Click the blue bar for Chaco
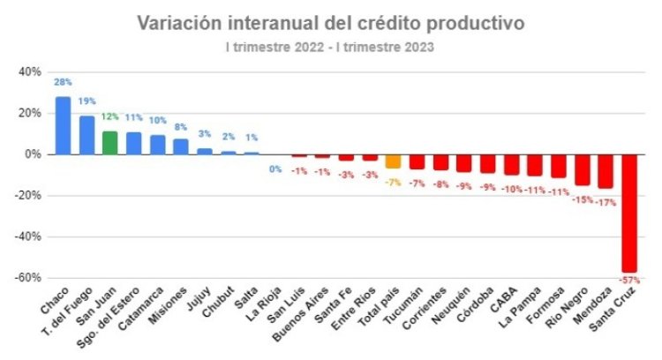coord(63,125)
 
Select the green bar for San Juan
coord(109,143)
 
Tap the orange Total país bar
coord(393,161)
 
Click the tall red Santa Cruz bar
coord(629,213)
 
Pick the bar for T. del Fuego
coord(87,135)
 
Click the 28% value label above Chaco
coord(63,82)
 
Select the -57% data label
coord(629,280)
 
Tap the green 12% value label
coord(109,116)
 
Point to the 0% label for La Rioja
coord(275,169)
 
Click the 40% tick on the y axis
coord(29,72)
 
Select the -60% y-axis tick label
coord(27,278)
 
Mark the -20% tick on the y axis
coord(27,196)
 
